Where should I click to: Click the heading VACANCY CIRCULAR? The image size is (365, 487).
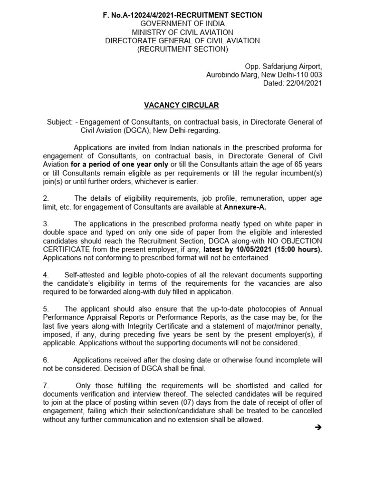click(182, 105)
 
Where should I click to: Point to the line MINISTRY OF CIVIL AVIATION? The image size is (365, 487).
click(182, 32)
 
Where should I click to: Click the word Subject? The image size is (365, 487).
click(59, 122)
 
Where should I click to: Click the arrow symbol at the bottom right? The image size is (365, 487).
click(318, 428)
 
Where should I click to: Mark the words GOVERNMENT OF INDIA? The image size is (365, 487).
click(182, 24)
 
